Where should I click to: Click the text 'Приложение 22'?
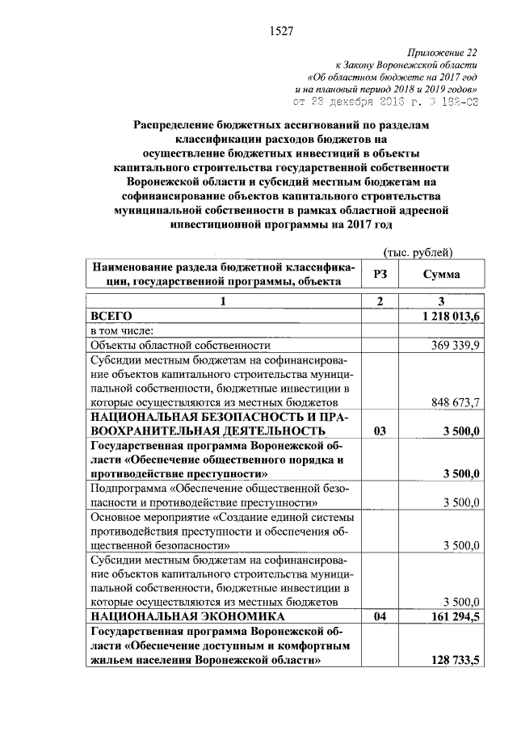(x=446, y=50)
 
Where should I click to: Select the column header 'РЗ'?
(x=380, y=275)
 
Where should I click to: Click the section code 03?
(x=380, y=431)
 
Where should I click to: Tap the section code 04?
(x=380, y=616)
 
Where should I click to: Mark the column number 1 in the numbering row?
(x=224, y=301)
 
